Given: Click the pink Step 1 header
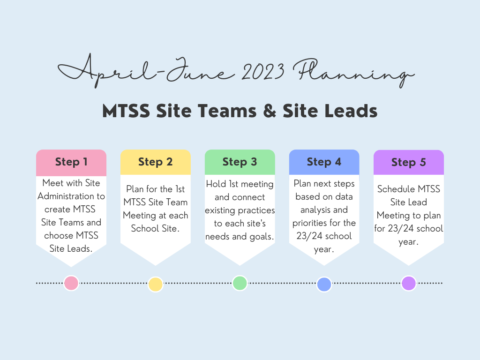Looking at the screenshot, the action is (x=71, y=163).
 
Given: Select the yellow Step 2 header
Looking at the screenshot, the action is (x=156, y=162).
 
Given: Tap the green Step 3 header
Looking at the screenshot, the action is (x=240, y=162).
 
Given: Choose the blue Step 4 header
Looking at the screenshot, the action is (x=324, y=162).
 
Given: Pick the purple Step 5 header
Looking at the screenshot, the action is (x=409, y=162).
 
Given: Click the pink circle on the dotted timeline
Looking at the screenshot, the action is (x=71, y=283).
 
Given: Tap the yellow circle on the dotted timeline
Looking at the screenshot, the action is (x=156, y=284).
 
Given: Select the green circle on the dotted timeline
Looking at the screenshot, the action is (x=240, y=283).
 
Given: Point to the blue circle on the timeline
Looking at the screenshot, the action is (x=324, y=284).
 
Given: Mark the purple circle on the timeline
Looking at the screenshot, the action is (x=409, y=283).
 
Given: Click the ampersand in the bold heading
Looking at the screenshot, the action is (x=270, y=111).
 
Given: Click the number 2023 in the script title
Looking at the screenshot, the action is (x=263, y=71).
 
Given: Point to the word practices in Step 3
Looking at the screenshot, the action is (x=256, y=210).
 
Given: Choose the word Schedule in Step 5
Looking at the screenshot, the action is (x=396, y=189).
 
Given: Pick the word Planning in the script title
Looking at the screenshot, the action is (x=353, y=73).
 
